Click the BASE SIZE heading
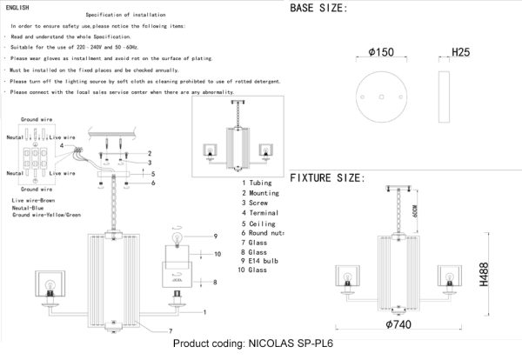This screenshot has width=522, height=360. (x=318, y=9)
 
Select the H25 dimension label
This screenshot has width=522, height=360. (x=462, y=53)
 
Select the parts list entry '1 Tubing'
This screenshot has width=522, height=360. (x=258, y=183)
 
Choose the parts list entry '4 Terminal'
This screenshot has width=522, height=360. (x=261, y=212)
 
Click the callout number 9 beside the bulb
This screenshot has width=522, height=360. (x=213, y=236)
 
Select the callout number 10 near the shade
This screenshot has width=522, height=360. (x=219, y=253)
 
